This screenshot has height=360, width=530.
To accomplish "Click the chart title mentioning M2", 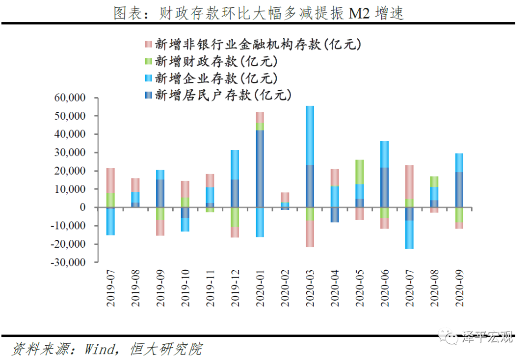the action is pos(259,13).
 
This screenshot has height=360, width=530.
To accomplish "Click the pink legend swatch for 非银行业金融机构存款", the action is pos(148,44).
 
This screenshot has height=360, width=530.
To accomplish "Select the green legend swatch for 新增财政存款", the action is pos(148,61).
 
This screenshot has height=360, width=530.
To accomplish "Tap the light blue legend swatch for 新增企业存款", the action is pos(148,78).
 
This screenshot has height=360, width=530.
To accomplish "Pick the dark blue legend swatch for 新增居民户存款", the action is pos(148,95).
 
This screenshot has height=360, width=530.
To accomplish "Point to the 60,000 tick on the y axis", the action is pos(70,98).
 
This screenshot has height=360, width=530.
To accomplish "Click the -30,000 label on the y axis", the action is pos(68,262).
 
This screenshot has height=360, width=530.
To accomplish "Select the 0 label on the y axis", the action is pos(82,207).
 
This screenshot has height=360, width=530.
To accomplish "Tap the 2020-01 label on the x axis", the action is pos(260,288).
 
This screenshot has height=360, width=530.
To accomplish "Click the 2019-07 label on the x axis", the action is pos(110,288).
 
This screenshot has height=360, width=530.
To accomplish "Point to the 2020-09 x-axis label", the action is pos(459,288).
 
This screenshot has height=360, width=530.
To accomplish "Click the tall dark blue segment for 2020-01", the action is pos(260,169).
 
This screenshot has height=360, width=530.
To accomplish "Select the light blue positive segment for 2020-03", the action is pos(310,135).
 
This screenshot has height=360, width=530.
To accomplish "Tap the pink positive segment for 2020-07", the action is pos(409,182).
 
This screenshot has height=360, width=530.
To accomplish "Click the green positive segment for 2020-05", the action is pos(360,172).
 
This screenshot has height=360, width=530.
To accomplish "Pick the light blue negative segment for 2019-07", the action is pos(110,222).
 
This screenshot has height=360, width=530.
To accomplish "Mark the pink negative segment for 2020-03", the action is pos(310,233).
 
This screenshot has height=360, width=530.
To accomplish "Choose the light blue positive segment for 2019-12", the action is pos(235,165).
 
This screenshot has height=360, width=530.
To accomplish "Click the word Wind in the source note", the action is pos(100,349).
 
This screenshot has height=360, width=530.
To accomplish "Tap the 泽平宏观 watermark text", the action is pos(487,337).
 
